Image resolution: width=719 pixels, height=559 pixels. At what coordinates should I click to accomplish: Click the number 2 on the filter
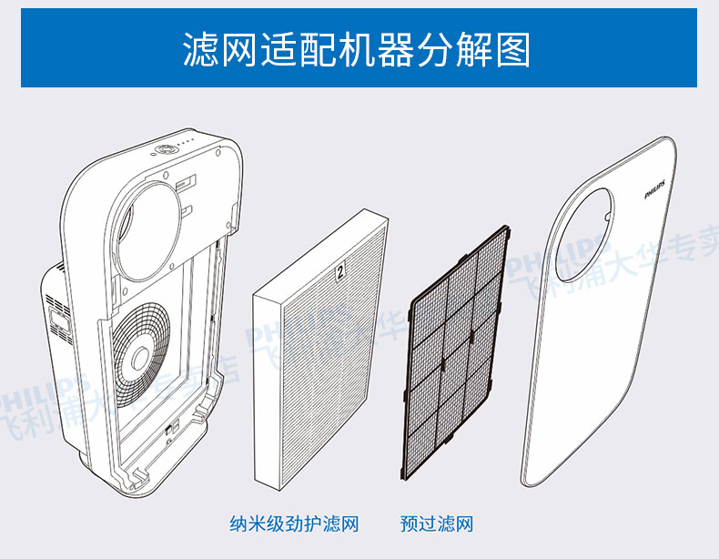pos(340,270)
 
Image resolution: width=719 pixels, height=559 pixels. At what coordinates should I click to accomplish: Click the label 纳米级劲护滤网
pos(294,524)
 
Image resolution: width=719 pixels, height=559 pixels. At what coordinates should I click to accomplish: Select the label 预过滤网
pos(437,524)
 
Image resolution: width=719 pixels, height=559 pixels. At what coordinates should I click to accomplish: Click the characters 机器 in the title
pos(371,49)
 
